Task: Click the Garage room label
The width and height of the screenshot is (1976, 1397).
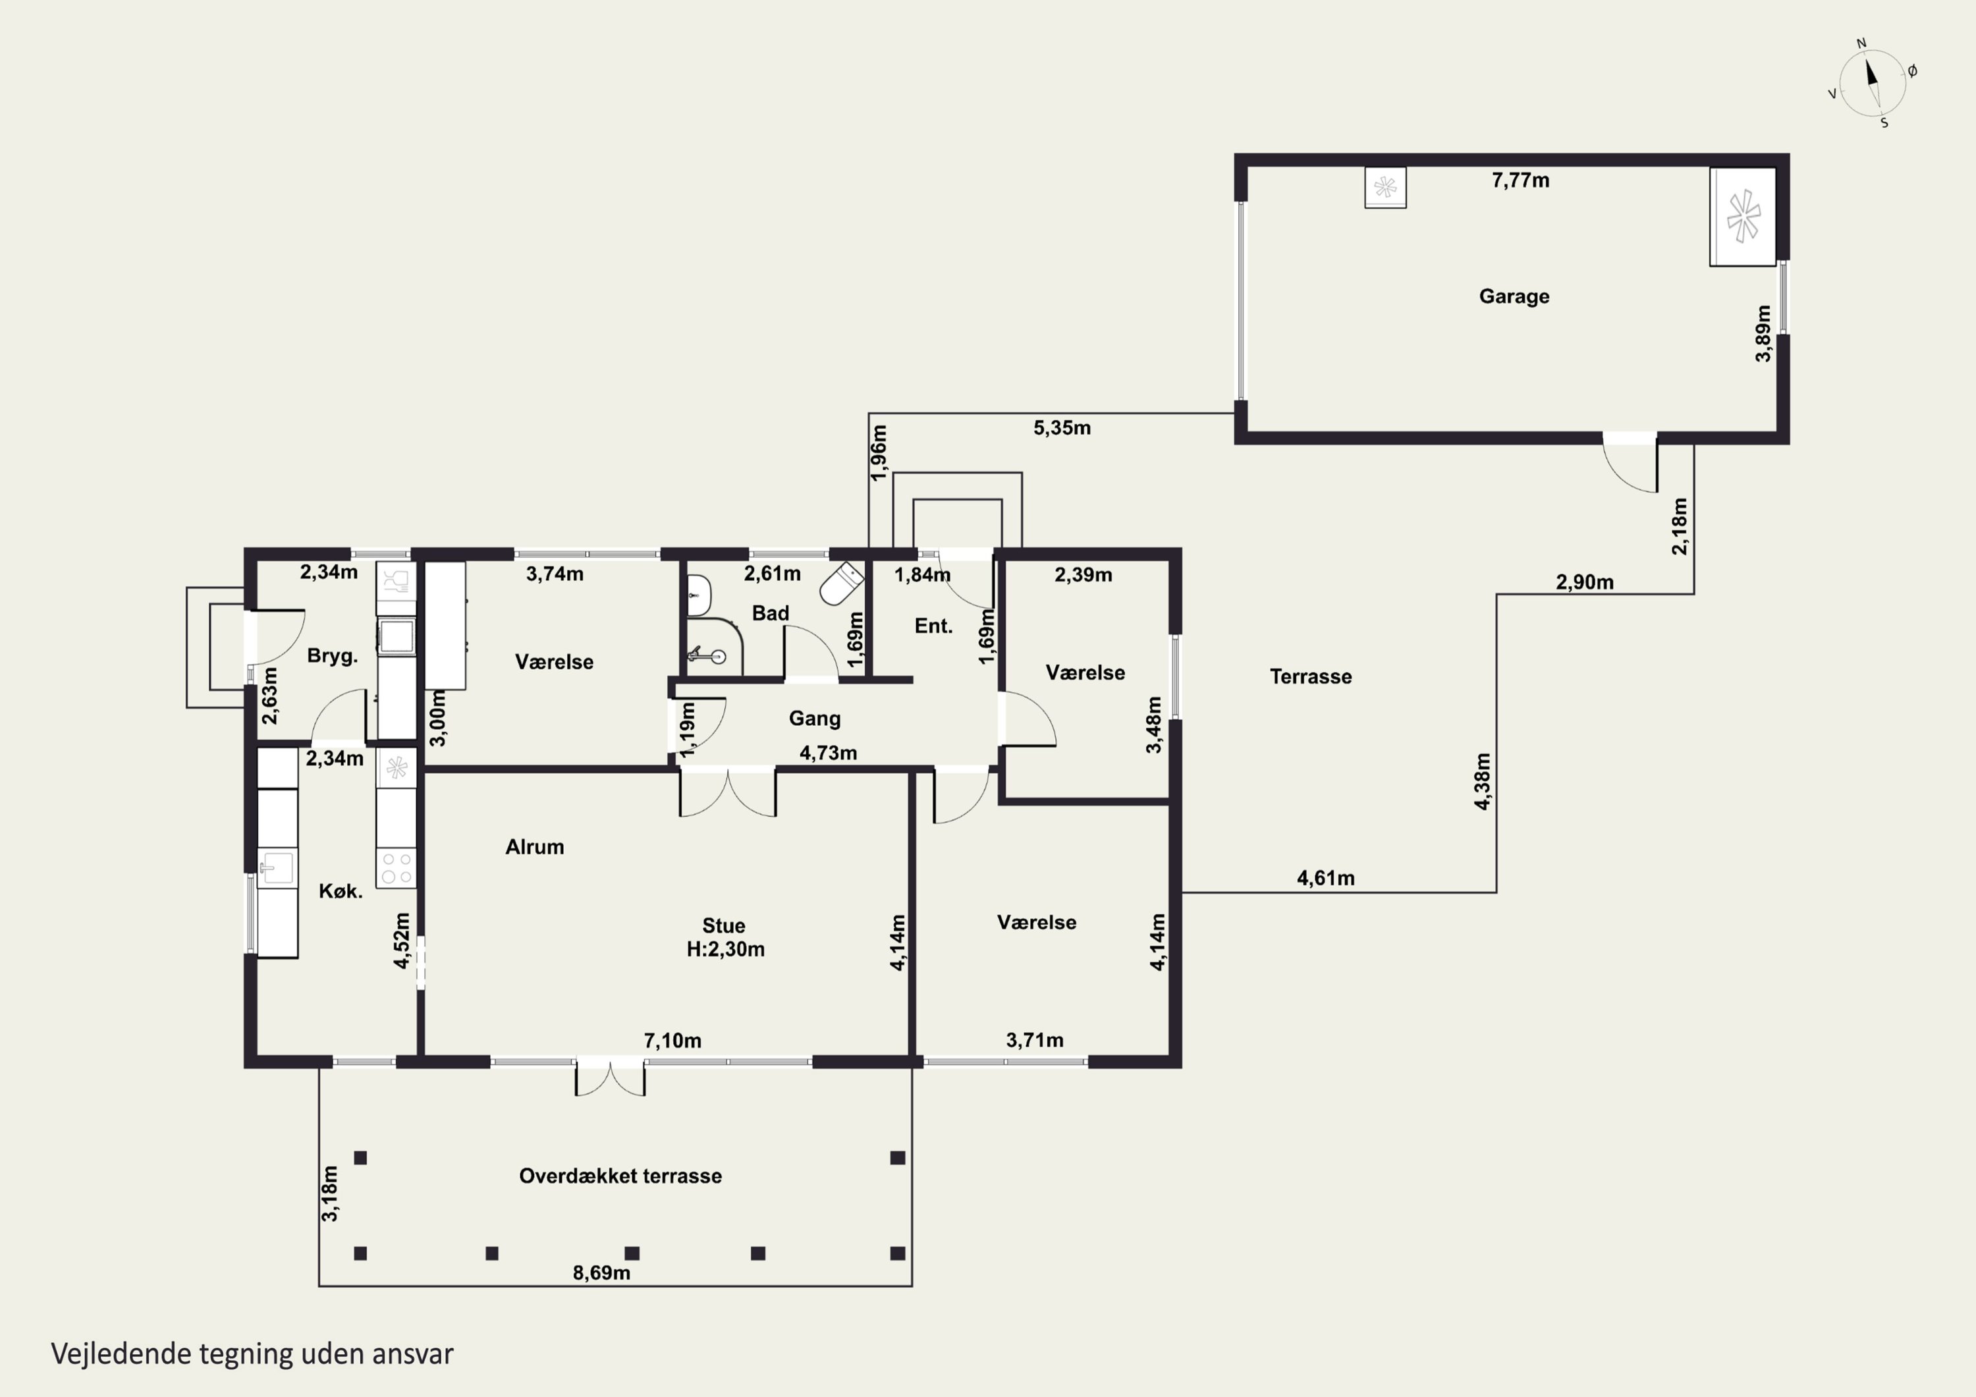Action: coord(1514,297)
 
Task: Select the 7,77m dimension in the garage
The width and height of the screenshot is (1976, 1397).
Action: coord(1521,180)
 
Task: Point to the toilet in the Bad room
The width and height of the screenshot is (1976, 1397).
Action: coord(842,583)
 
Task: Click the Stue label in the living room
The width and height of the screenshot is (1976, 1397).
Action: coord(724,926)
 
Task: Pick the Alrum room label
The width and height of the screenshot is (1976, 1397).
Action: coord(534,847)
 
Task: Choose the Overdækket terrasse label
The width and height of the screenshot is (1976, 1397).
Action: coord(620,1176)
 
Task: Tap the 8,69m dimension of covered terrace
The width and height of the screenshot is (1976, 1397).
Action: coord(601,1273)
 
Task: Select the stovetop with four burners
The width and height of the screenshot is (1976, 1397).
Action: coord(397,867)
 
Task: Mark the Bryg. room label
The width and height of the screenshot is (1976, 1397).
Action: coord(332,657)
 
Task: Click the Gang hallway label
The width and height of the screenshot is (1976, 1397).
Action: coord(815,719)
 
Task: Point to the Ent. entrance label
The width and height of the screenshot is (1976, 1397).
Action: coord(934,626)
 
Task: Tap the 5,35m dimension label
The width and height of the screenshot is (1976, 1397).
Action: coord(1062,427)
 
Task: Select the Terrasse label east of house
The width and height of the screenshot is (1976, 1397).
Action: coord(1311,676)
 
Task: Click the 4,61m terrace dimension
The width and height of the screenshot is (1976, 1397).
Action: coord(1325,878)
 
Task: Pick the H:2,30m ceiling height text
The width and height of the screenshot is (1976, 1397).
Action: coord(725,949)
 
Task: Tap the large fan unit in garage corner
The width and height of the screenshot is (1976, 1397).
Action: coord(1743,216)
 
